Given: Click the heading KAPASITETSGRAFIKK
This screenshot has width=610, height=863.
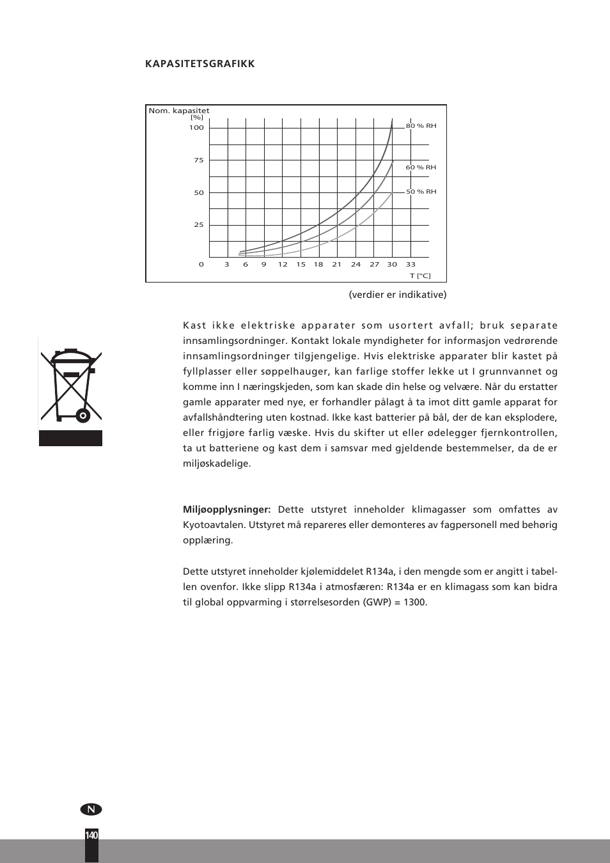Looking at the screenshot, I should (199, 64).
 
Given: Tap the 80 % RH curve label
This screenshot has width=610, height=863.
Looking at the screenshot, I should (421, 126).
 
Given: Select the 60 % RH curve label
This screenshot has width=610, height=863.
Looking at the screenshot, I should (421, 167).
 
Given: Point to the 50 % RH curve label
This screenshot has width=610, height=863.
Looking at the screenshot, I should (421, 192).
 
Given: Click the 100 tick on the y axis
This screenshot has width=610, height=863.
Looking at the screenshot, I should (196, 128).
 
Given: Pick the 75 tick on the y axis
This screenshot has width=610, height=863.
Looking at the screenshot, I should (199, 160).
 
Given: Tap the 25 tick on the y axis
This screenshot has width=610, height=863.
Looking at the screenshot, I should (199, 225).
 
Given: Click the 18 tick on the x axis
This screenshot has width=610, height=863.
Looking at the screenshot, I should (318, 265).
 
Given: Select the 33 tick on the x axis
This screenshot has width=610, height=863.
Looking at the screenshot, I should (411, 265).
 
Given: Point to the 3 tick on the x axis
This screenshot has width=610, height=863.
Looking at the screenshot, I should (227, 265).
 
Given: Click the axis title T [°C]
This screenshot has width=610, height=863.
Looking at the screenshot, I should (420, 276).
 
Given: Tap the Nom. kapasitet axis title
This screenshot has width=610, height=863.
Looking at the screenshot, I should (179, 111).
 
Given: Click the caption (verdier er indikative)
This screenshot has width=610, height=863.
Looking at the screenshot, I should (398, 295).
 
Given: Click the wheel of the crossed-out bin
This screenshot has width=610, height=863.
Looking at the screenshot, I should (82, 416).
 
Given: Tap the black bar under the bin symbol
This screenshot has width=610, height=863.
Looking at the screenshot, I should (70, 438).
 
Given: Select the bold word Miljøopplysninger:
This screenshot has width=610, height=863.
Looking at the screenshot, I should (227, 509).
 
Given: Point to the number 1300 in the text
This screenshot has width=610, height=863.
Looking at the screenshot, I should (414, 602).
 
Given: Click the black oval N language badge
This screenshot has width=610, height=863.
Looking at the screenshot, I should (91, 809).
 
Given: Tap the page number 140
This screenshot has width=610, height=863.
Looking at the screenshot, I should (91, 836).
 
